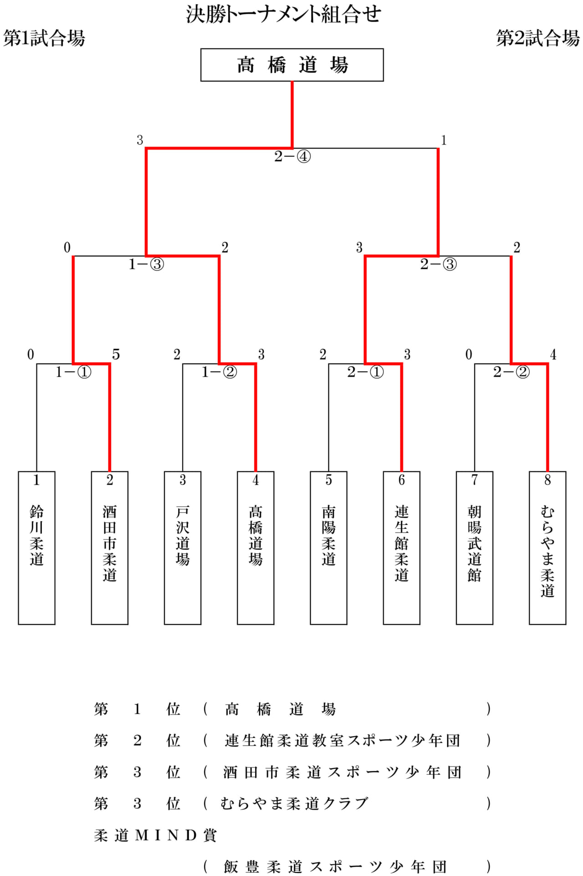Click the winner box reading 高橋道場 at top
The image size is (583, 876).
pos(292,65)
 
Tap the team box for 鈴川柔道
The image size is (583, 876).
pos(36,547)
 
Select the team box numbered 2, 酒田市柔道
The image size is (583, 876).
pos(109,547)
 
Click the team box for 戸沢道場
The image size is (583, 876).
pos(182,547)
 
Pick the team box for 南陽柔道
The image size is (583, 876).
pos(328,547)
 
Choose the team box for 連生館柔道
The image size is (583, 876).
pos(401,547)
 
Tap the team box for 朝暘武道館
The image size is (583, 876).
pos(474,547)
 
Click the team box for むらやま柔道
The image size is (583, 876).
pos(547,547)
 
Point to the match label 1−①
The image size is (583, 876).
pos(73,372)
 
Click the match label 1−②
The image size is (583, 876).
pos(219,372)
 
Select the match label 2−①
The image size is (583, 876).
pos(365,372)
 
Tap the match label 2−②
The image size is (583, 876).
pos(511,372)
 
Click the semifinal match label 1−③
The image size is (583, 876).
pos(146,264)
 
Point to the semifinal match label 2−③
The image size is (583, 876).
pos(438,264)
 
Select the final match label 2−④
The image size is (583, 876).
pos(292,157)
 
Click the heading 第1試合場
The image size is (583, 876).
pos(44,38)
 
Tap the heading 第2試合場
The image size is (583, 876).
pos(537,38)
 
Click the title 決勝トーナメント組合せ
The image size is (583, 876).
pos(283,15)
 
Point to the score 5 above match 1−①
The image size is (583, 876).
pos(116,354)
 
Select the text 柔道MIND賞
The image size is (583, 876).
pos(155,835)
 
